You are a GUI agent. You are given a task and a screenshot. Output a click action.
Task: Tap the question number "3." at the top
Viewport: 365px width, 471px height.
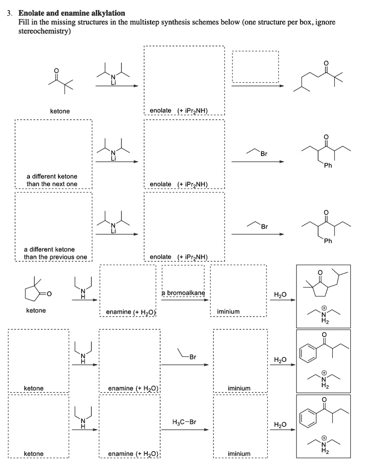10,13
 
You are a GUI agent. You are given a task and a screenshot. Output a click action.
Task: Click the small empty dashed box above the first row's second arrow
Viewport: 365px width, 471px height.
255,66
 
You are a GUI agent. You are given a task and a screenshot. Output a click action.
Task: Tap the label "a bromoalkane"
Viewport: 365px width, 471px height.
183,293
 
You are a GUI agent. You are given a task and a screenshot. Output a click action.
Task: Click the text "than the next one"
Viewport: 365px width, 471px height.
52,184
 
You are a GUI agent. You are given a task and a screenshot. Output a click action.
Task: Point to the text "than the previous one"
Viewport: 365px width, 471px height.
55,257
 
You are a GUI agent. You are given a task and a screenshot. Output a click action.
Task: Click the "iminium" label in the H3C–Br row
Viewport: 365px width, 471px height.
239,454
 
